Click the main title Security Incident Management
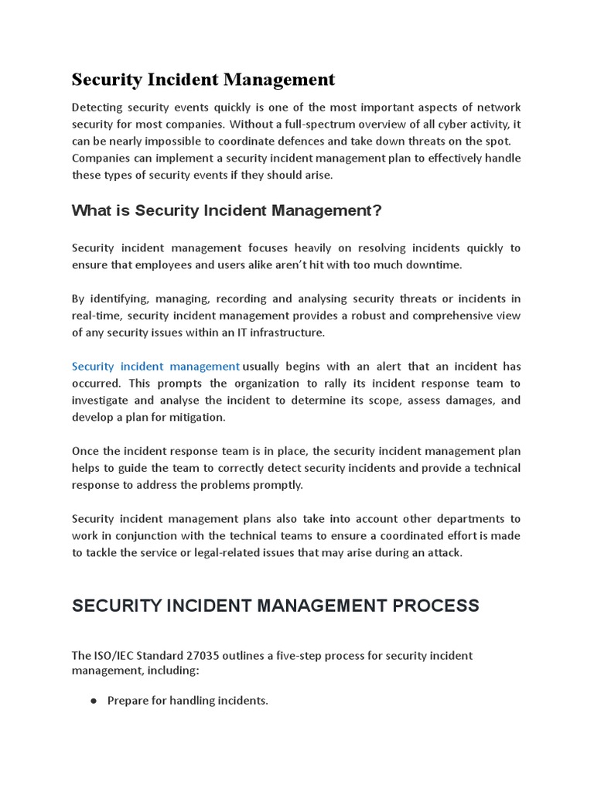203,80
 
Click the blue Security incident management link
155,366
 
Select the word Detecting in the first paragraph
97,107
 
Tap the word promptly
280,485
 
